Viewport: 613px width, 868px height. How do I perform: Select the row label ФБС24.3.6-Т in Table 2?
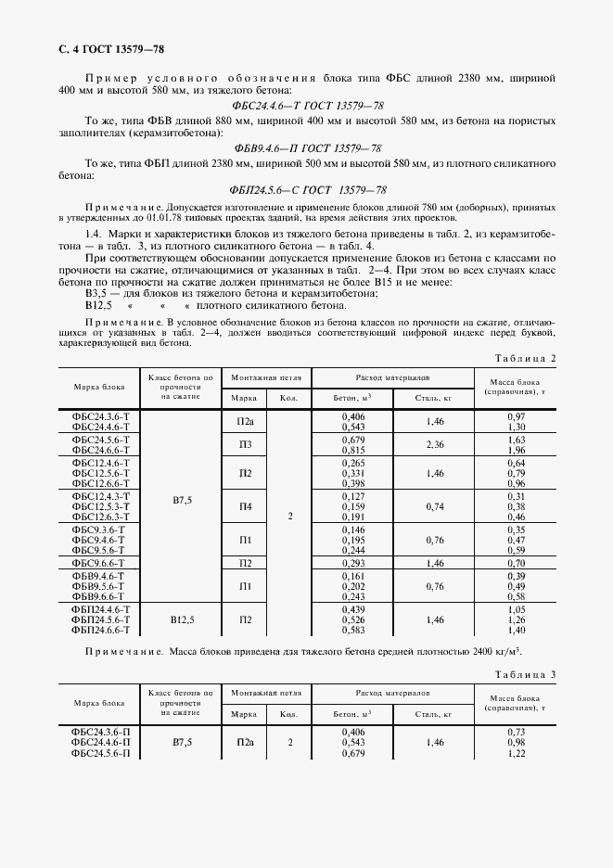coord(99,417)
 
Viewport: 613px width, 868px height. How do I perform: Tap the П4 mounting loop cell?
coord(244,506)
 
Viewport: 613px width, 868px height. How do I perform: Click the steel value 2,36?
coord(434,444)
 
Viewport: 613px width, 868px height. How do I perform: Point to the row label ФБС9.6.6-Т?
coord(99,563)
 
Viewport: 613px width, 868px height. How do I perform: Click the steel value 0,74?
coord(434,506)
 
